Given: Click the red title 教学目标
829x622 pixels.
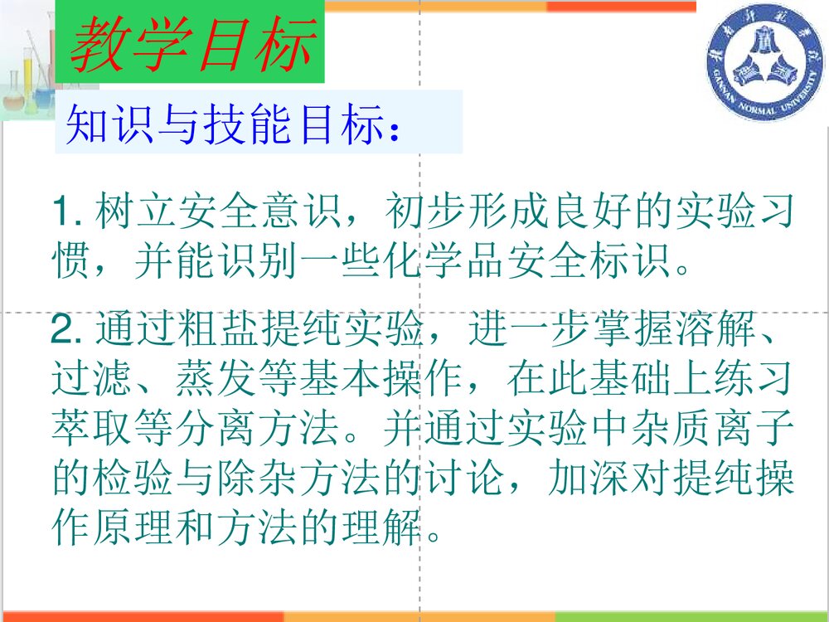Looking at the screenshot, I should (x=191, y=45).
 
